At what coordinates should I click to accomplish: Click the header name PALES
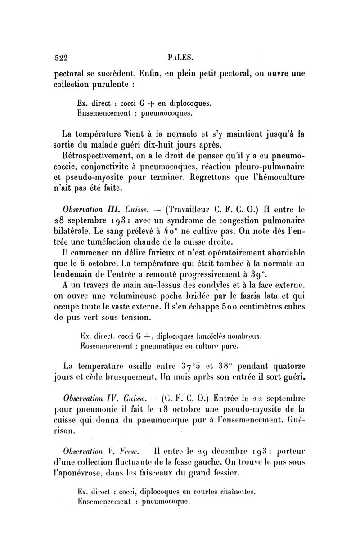(x=180, y=57)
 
